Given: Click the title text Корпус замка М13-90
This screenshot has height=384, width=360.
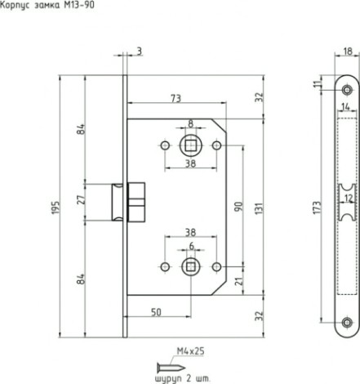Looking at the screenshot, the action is (47, 5).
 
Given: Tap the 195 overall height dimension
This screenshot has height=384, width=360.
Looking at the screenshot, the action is (56, 208).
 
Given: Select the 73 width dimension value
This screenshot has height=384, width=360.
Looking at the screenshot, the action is (176, 98).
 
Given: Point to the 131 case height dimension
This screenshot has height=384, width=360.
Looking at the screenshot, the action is (260, 208).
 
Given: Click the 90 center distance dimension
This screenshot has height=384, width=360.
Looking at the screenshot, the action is (238, 207).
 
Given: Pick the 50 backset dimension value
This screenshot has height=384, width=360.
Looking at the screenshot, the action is (156, 312).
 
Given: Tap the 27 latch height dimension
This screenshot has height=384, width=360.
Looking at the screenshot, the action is (82, 199).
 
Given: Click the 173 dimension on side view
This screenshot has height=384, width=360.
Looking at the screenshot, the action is (317, 208).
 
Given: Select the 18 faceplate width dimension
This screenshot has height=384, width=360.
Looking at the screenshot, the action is (348, 51).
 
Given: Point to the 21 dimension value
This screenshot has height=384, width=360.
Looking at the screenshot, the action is (238, 281).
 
